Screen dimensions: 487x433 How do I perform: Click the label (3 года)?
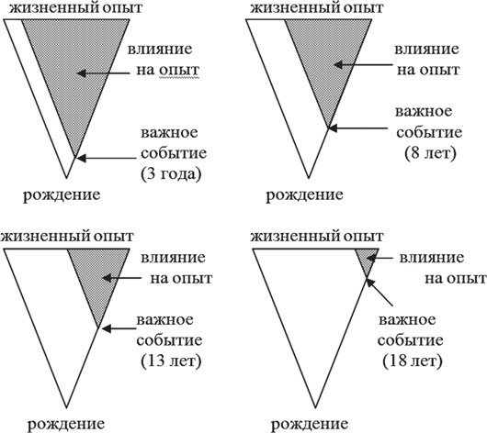tap(171, 174)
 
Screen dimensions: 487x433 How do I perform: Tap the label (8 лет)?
tap(430, 153)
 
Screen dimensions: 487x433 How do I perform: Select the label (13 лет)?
tap(171, 361)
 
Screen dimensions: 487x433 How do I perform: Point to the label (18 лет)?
tap(413, 361)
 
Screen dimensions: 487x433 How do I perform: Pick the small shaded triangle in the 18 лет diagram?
tap(368, 258)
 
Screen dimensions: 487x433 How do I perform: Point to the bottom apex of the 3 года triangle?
tap(66, 178)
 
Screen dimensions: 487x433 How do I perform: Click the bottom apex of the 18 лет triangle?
tap(315, 407)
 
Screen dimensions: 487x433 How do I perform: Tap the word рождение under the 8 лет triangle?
tap(304, 195)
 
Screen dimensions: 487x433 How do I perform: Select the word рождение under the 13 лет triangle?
tap(66, 424)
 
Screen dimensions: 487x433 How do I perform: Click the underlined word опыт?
tap(179, 71)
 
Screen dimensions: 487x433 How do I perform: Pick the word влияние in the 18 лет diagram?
tap(431, 258)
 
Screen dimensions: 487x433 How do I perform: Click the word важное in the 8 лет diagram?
tap(424, 112)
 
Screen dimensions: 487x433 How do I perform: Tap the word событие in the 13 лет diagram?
tap(169, 340)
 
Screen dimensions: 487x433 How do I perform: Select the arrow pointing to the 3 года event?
tap(107, 158)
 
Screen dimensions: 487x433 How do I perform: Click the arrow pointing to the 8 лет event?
tap(358, 128)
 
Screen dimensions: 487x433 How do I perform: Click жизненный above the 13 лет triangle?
tap(46, 237)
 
